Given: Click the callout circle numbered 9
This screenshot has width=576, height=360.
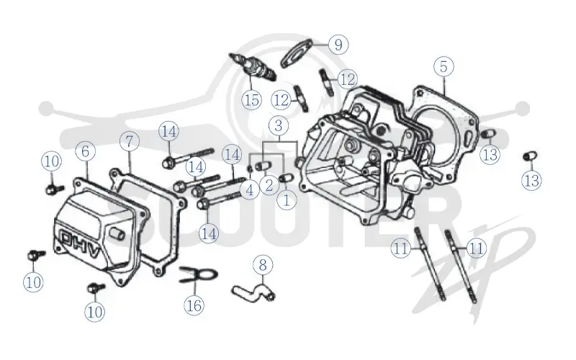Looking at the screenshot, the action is coord(338,44).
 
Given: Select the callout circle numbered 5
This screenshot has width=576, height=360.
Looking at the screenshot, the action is coord(444,66).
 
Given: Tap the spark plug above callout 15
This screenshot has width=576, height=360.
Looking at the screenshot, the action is coord(253,67).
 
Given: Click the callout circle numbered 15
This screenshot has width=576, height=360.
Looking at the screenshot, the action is coord(252,99).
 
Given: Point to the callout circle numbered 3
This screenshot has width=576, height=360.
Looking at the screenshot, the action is coord(279,125).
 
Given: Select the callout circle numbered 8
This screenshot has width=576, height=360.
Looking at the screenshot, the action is coord(263,265).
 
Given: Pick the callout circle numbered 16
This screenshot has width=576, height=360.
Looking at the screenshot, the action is coord(194,305).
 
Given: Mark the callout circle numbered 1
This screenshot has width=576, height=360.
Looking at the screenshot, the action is coord(286,200).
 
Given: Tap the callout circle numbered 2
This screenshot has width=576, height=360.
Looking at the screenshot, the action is coord(269,185).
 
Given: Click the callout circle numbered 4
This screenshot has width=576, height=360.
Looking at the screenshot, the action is coord(250,190).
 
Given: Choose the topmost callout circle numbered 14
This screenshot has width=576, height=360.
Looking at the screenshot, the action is coord(169,131).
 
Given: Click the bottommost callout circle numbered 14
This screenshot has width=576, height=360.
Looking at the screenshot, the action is coord(209,233).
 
